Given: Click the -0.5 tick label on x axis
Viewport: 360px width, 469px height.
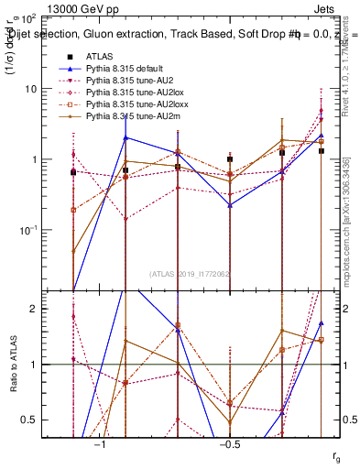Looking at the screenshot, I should click(x=229, y=444).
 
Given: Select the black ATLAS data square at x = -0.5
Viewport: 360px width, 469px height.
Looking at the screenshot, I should click(x=230, y=159).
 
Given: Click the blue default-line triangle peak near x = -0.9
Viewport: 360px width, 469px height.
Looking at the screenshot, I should click(x=125, y=137).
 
